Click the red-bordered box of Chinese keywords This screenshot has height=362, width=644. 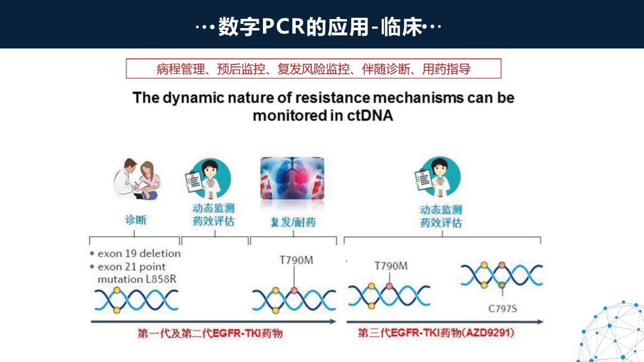314,69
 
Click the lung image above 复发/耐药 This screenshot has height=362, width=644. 292,178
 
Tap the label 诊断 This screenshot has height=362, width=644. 135,219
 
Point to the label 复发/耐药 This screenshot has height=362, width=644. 293,222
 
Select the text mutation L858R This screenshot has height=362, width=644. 137,279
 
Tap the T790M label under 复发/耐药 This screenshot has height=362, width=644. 296,260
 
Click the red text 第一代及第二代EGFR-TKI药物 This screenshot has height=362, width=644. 210,334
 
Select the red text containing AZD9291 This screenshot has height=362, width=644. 436,333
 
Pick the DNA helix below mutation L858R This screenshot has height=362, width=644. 137,300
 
